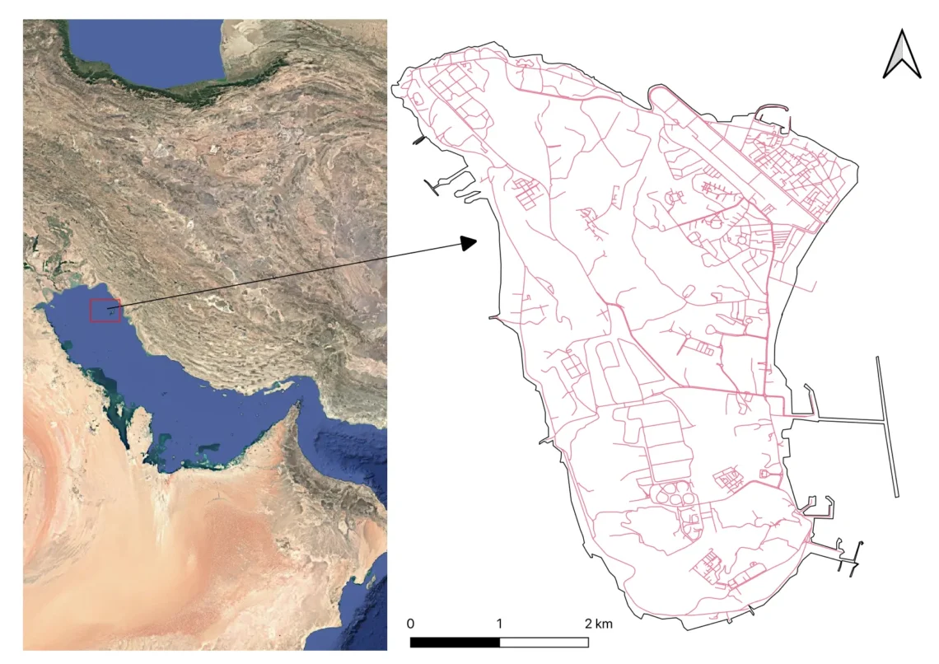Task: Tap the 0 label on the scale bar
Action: (410, 623)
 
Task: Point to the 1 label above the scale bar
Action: (500, 623)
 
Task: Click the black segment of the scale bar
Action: (455, 642)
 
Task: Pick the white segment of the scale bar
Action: (544, 642)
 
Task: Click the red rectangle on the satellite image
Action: (105, 311)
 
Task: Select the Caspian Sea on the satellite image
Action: (140, 49)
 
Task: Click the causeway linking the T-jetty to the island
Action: (836, 421)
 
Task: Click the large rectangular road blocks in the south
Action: (667, 445)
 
